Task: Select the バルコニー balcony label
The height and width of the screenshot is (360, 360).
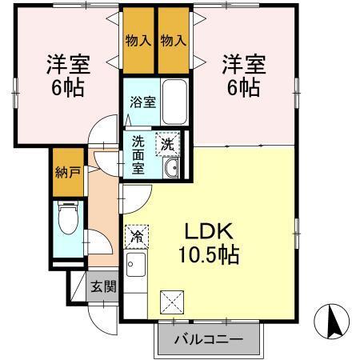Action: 210,340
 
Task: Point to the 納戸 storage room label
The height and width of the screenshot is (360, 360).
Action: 67,171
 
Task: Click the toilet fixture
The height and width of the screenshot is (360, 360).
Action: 66,218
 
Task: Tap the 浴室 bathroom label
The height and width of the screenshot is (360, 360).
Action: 138,102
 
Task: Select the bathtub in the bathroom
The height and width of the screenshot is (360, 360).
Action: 173,102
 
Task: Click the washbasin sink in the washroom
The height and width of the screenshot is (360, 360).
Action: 170,168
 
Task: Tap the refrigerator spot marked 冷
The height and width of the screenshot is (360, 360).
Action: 137,236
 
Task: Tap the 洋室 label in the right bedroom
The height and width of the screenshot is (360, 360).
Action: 242,63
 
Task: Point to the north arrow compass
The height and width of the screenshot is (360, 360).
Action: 336,322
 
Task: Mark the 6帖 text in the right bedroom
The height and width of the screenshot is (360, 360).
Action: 242,88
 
